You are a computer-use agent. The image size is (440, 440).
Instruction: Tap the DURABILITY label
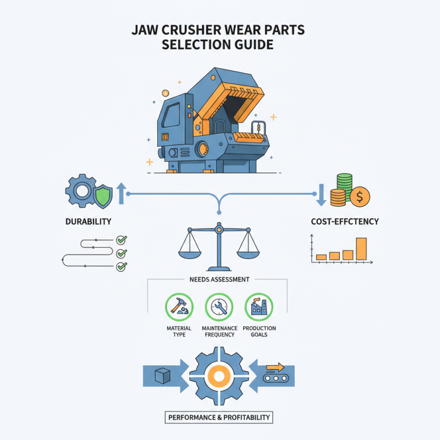tap(88, 221)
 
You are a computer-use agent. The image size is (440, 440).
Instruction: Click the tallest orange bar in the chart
tap(361, 249)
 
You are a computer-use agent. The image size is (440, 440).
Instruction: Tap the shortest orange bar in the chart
tap(322, 257)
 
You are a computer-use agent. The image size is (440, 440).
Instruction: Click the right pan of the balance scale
tap(248, 254)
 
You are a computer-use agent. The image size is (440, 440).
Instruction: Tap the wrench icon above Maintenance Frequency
tap(218, 305)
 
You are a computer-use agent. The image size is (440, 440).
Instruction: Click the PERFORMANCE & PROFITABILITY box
tap(218, 417)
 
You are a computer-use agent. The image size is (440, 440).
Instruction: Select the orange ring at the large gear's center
tap(218, 377)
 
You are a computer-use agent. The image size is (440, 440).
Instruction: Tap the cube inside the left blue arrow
tap(162, 377)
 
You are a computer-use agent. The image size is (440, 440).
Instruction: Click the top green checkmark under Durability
tap(122, 240)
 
